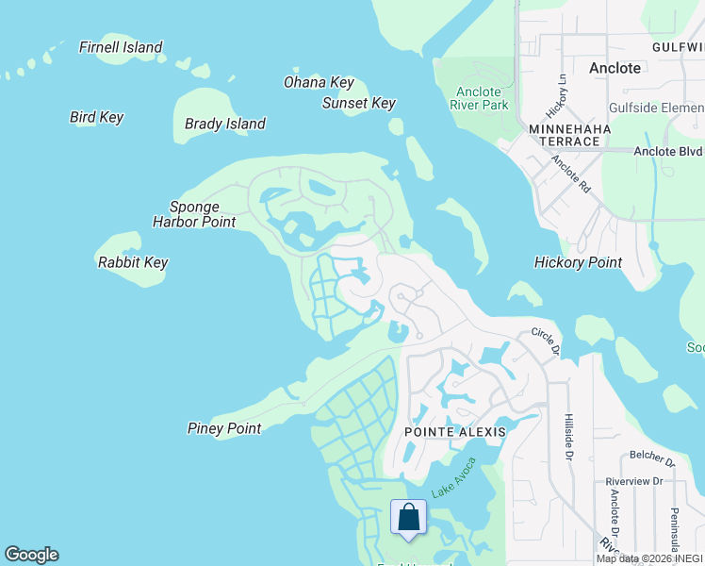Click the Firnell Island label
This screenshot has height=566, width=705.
tap(121, 47)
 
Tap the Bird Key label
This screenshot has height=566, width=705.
tap(96, 118)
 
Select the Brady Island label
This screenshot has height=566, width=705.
tap(225, 124)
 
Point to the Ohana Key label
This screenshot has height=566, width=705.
tap(319, 83)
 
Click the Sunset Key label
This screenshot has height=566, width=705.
tap(359, 104)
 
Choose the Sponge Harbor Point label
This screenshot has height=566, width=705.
tap(194, 214)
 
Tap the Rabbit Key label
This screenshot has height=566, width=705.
tap(132, 262)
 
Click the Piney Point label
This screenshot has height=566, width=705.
tap(224, 428)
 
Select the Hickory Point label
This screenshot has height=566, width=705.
tap(578, 262)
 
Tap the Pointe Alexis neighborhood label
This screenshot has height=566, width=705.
tap(455, 432)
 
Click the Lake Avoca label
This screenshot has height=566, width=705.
tap(454, 479)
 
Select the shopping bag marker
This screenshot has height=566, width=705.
tap(408, 519)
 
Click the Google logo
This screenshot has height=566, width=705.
tap(31, 555)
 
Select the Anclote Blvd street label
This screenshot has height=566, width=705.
tap(667, 151)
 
